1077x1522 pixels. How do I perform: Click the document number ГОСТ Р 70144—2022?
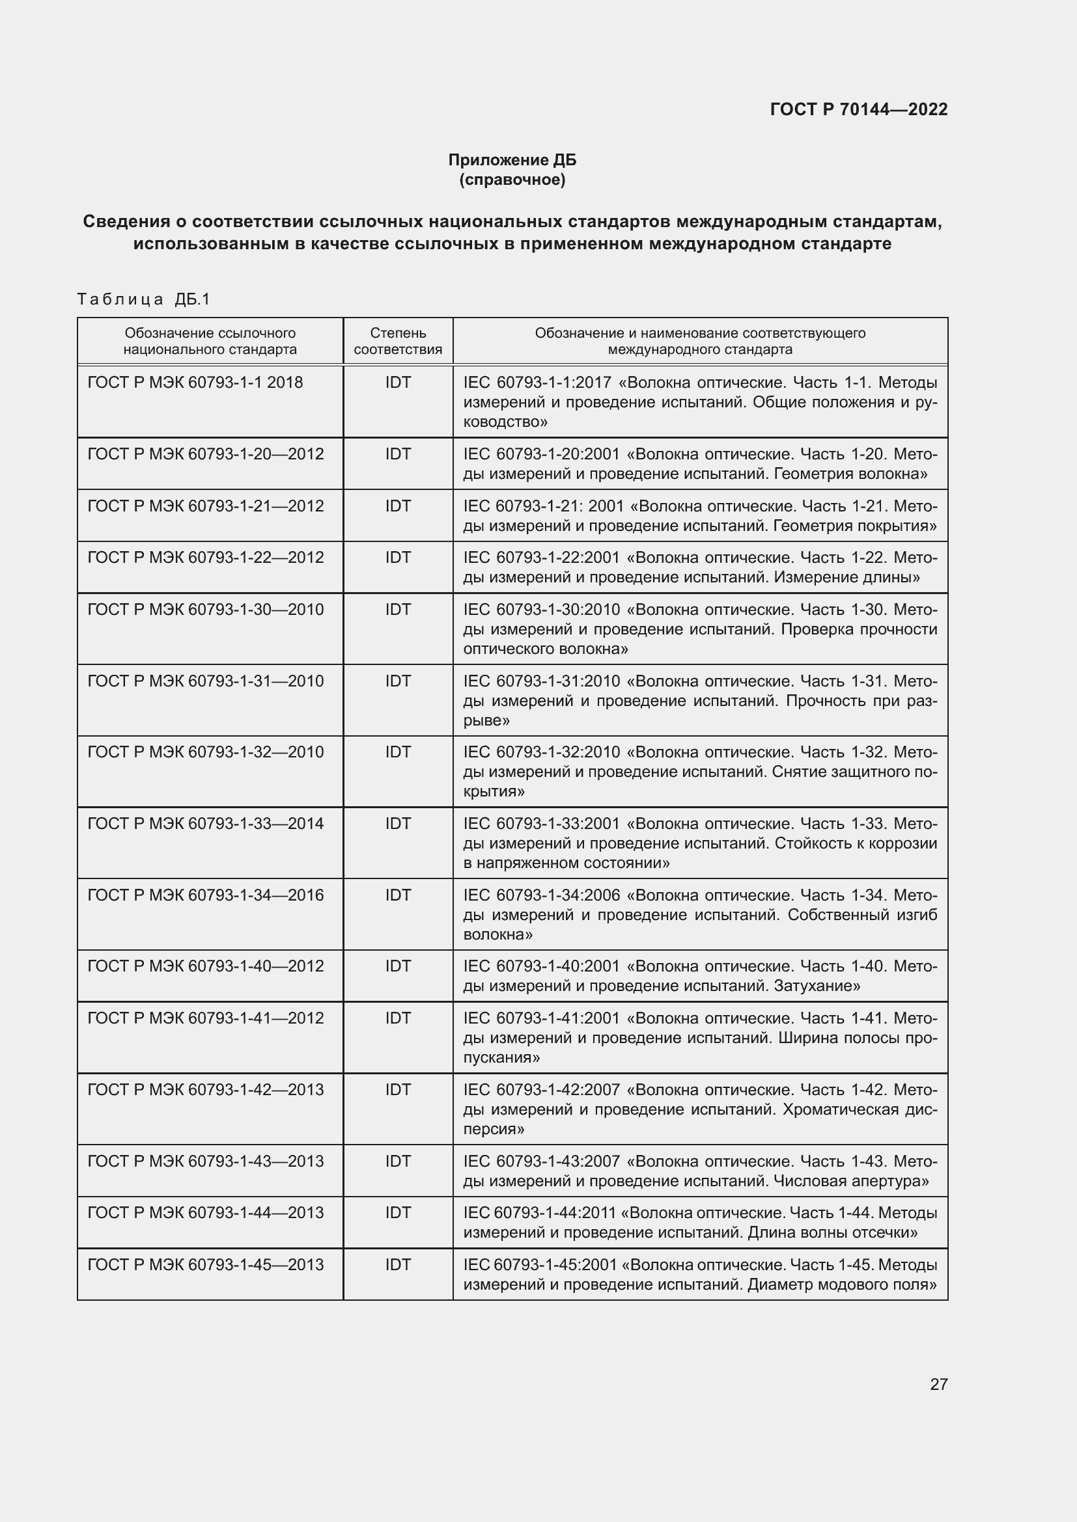tap(858, 109)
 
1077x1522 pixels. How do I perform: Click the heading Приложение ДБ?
tap(512, 160)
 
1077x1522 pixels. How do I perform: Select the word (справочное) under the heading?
tap(512, 180)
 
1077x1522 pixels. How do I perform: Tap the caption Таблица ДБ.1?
tap(143, 299)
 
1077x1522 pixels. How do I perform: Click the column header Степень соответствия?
tap(398, 341)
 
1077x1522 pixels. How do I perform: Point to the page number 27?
tap(938, 1384)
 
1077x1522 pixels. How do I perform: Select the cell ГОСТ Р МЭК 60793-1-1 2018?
tap(195, 383)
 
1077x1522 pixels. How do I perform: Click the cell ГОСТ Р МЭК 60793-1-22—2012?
tap(206, 558)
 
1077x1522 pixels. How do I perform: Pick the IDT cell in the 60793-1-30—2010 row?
tap(398, 609)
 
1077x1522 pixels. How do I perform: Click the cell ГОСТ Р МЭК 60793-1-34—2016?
tap(206, 895)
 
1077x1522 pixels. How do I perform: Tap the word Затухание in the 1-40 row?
tap(817, 986)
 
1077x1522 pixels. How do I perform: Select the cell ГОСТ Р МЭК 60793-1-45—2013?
tap(206, 1264)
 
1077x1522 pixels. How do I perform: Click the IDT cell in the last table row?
tap(398, 1264)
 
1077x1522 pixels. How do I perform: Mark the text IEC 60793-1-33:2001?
tap(541, 823)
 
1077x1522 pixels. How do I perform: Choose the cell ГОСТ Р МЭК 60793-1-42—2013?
tap(206, 1090)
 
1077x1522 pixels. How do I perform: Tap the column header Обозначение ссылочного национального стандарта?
tap(210, 341)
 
